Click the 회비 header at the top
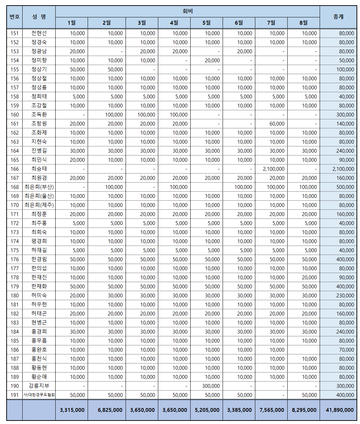[187, 11]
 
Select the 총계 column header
[338, 17]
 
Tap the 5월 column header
[206, 23]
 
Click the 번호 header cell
[15, 17]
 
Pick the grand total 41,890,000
[340, 410]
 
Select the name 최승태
[39, 169]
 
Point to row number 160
[15, 115]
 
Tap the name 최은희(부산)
[39, 187]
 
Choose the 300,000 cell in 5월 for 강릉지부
[211, 386]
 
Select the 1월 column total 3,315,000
[72, 410]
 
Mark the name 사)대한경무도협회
[39, 395]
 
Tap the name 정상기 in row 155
[39, 70]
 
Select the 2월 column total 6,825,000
[110, 410]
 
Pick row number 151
[15, 33]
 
